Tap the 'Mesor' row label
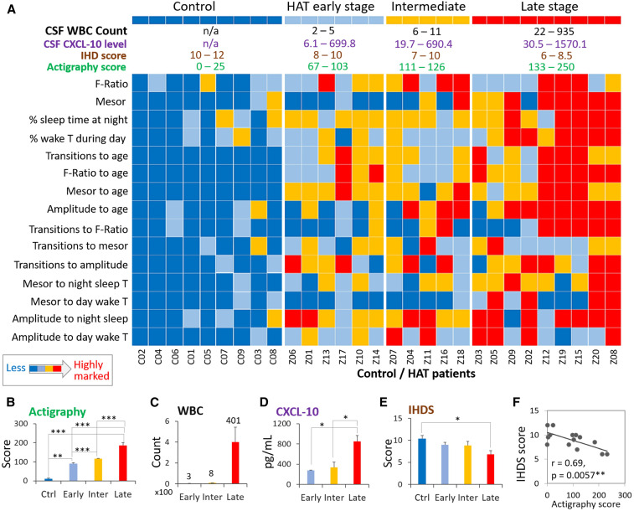pyautogui.click(x=111, y=101)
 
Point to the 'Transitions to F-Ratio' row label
pyautogui.click(x=76, y=229)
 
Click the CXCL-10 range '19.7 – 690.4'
pyautogui.click(x=428, y=40)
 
